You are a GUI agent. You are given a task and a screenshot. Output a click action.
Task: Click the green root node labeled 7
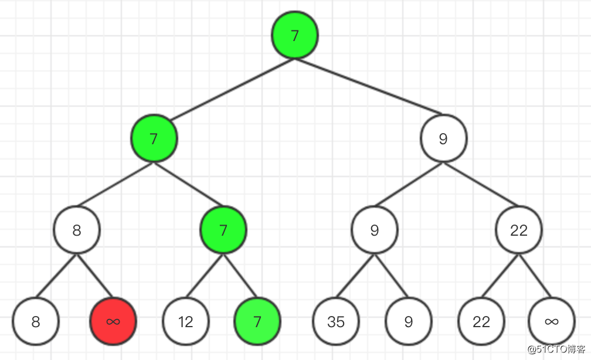point(295,35)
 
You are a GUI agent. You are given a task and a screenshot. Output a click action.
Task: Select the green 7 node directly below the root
point(154,139)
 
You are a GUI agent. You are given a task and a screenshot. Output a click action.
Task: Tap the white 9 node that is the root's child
point(443,139)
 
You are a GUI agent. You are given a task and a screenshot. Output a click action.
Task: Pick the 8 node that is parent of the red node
point(77,230)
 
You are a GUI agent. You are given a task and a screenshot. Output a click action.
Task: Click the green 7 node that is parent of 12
point(223,230)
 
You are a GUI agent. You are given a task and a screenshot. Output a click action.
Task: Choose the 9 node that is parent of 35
point(375,230)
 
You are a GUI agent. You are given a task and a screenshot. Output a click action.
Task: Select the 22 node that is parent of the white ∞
point(519,230)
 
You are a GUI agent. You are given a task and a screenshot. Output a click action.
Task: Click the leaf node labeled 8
point(36,321)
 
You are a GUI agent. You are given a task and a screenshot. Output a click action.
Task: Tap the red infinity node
point(113,321)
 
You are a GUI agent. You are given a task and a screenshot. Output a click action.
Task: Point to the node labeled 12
point(186,321)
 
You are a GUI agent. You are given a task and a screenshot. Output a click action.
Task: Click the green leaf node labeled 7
point(257,321)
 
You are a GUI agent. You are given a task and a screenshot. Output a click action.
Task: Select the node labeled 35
point(336,321)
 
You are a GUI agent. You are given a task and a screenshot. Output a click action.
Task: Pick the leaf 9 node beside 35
point(409,321)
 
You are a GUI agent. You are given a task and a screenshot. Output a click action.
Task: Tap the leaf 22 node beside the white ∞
point(481,321)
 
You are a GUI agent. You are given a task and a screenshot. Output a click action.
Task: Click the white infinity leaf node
point(552,321)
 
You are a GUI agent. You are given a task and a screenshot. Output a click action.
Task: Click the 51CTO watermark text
point(558,350)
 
